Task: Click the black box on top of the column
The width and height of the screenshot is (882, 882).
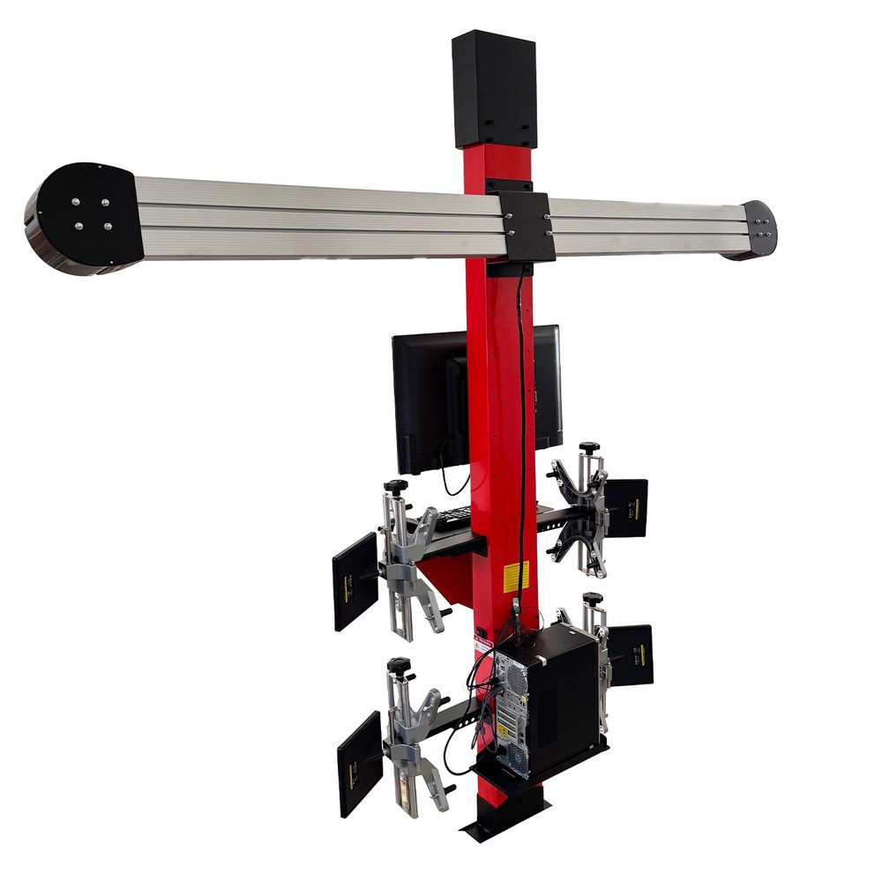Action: pyautogui.click(x=494, y=90)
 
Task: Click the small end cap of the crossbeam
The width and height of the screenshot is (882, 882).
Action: pyautogui.click(x=759, y=228)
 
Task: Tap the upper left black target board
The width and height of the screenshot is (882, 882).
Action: pyautogui.click(x=355, y=581)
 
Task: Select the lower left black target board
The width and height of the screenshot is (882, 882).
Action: pyautogui.click(x=359, y=763)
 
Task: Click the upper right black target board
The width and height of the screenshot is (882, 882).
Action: pyautogui.click(x=627, y=508)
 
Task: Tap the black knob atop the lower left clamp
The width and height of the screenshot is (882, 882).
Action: pyautogui.click(x=399, y=664)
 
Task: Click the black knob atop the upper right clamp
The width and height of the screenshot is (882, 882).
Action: pyautogui.click(x=588, y=448)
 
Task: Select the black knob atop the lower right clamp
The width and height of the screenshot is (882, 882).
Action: pyautogui.click(x=593, y=599)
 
